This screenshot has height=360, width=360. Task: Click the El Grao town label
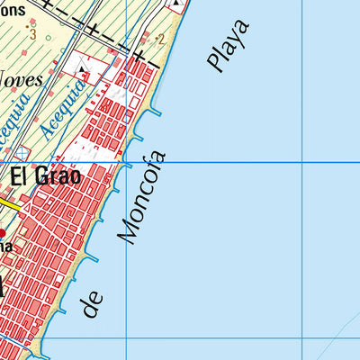coord(45,176)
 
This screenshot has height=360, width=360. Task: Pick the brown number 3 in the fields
coord(32,34)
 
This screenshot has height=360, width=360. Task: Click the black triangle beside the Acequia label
coord(85,69)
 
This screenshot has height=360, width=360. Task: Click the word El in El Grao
coord(20,176)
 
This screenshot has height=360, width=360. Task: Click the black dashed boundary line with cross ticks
coord(99,33)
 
